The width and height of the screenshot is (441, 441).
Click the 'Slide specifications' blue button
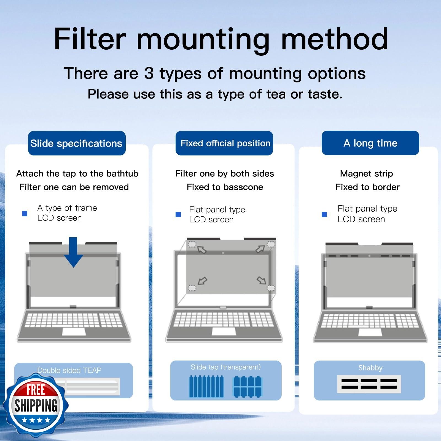click(x=77, y=143)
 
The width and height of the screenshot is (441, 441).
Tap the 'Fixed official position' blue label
click(x=224, y=143)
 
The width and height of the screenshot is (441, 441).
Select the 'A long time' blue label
click(x=370, y=143)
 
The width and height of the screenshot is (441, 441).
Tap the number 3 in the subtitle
click(x=149, y=74)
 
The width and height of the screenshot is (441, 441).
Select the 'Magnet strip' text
click(x=366, y=174)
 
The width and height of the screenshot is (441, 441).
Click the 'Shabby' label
click(x=370, y=368)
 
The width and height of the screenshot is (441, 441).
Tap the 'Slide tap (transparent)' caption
click(x=226, y=367)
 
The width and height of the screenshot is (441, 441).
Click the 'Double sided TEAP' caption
click(x=69, y=370)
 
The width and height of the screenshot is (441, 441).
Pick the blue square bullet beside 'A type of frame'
click(x=25, y=213)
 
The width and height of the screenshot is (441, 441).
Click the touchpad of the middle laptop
click(x=224, y=332)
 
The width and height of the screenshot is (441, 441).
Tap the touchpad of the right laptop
click(x=370, y=332)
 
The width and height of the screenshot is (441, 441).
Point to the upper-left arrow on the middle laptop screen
click(x=202, y=250)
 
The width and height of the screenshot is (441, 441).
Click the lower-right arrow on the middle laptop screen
click(x=261, y=280)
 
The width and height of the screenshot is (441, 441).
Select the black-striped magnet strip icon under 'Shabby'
click(x=369, y=384)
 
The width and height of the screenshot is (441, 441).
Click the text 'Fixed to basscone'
click(x=225, y=187)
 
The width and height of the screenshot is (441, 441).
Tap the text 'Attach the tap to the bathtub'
click(x=77, y=174)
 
